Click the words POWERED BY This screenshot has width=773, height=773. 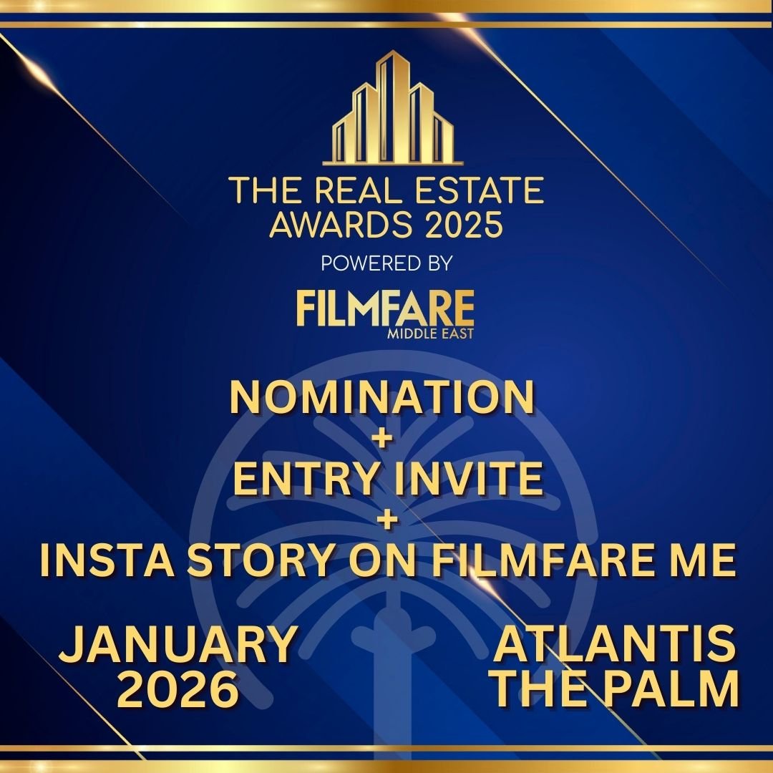click(x=386, y=263)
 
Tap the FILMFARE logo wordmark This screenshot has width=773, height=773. click(x=385, y=308)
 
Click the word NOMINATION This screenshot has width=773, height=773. click(x=382, y=398)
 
